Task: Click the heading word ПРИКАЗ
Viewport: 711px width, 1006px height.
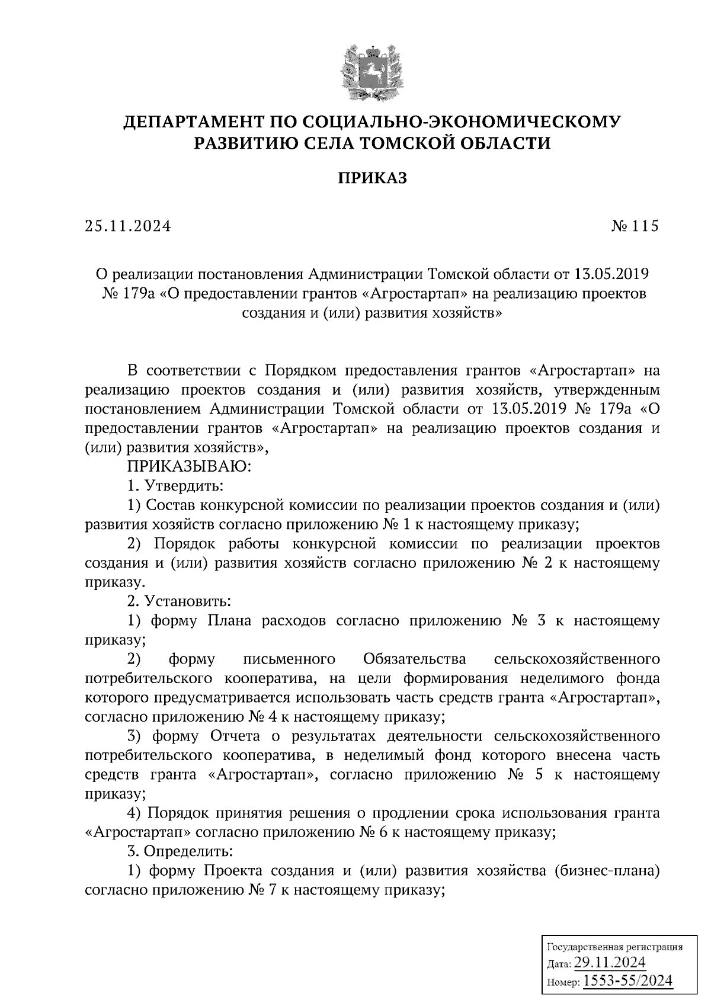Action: point(372,178)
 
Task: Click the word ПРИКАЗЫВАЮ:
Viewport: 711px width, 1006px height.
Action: point(190,467)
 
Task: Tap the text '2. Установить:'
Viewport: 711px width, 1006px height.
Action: point(179,601)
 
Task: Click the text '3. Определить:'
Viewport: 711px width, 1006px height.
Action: point(181,851)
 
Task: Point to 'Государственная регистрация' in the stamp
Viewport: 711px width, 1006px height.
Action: point(614,947)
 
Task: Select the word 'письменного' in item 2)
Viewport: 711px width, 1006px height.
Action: point(290,659)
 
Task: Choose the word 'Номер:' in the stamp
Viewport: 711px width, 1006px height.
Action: point(563,983)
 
